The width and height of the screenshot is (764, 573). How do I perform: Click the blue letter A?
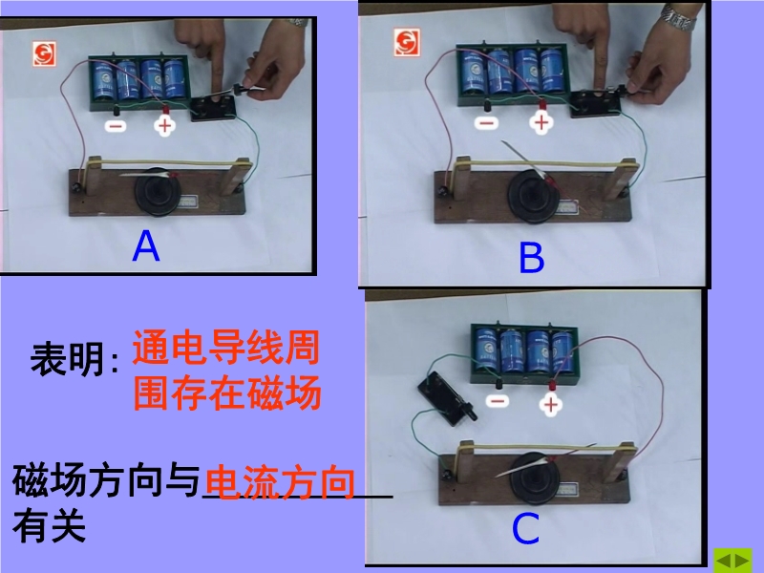146,245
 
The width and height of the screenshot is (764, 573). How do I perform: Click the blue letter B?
532,257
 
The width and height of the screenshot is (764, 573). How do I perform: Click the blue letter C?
526,528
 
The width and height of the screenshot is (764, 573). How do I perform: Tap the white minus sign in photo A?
116,126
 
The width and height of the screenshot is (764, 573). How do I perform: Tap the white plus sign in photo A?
164,126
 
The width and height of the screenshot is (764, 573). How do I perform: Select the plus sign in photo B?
541,122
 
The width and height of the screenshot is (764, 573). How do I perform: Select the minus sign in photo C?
498,401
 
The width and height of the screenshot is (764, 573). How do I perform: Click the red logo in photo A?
44,53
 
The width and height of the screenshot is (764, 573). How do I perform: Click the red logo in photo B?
407,42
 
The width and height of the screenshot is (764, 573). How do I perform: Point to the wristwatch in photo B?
679,17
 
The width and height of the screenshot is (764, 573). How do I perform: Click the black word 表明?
67,359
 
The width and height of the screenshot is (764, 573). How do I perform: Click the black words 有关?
50,526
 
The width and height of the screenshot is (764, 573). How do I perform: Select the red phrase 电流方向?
280,482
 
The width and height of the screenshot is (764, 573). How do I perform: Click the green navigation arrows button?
732,561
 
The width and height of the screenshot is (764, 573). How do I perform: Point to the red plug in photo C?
552,385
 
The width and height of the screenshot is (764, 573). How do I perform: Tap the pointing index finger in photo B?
601,66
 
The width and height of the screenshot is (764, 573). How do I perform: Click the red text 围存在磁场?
227,393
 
